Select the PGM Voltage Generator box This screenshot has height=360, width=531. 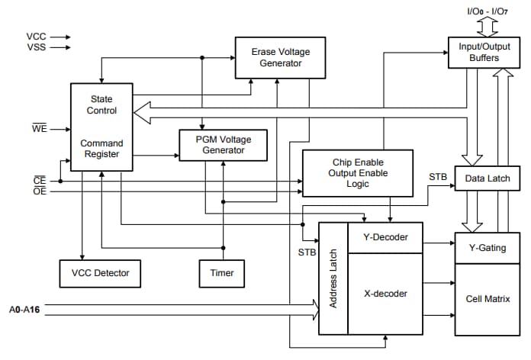point(224,145)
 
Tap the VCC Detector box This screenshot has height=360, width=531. point(100,272)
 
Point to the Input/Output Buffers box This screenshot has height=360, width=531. point(479,52)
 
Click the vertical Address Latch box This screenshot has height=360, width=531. point(333,278)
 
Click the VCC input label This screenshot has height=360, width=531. point(36,36)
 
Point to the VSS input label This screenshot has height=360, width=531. point(36,47)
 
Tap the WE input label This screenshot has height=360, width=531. point(39,129)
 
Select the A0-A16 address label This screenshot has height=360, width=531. point(24,310)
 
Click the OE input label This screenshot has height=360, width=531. point(39,191)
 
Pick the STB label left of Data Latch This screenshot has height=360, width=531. point(438,177)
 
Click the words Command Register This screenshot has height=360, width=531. point(102,149)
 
